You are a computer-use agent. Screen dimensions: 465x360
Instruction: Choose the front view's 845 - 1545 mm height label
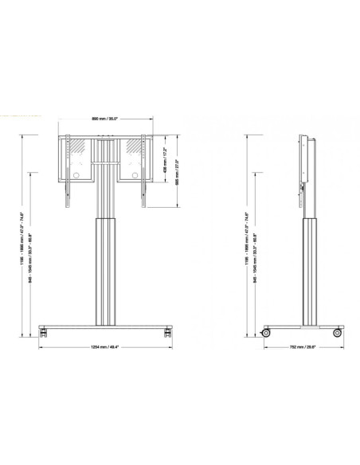click(x=32, y=243)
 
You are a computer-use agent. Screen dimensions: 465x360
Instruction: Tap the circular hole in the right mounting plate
click(x=135, y=175)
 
